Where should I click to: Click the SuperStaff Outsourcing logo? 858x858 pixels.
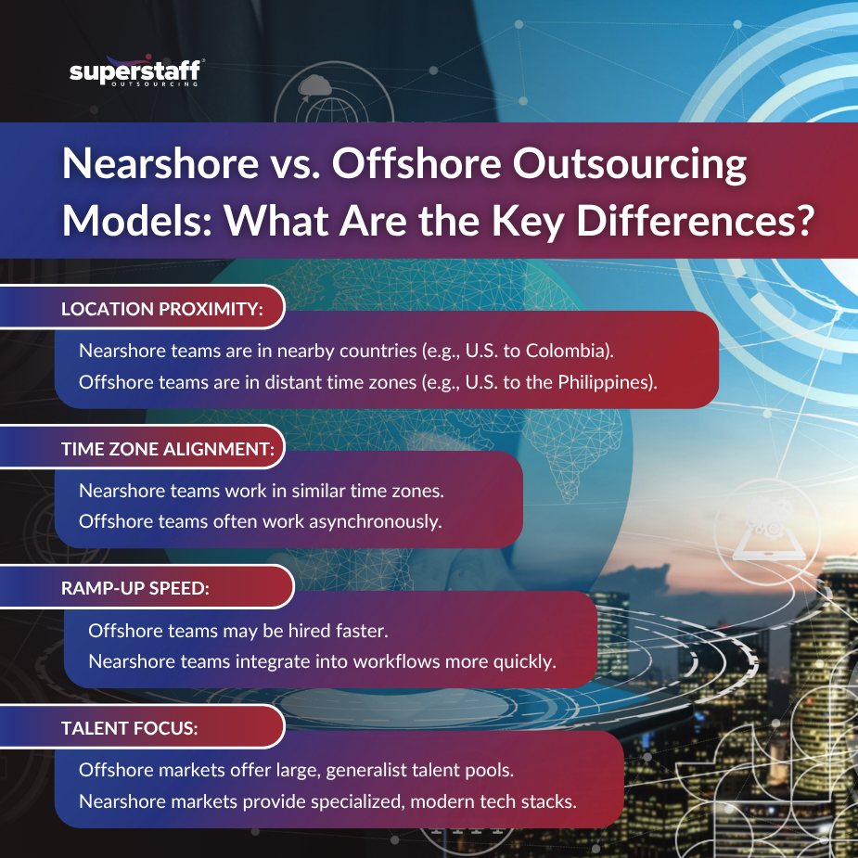(136, 72)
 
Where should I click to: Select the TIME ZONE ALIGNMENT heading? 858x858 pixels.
(168, 450)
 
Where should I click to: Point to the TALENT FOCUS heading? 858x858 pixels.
(129, 728)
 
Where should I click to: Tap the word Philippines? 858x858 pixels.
(603, 380)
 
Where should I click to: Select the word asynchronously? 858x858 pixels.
(376, 521)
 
